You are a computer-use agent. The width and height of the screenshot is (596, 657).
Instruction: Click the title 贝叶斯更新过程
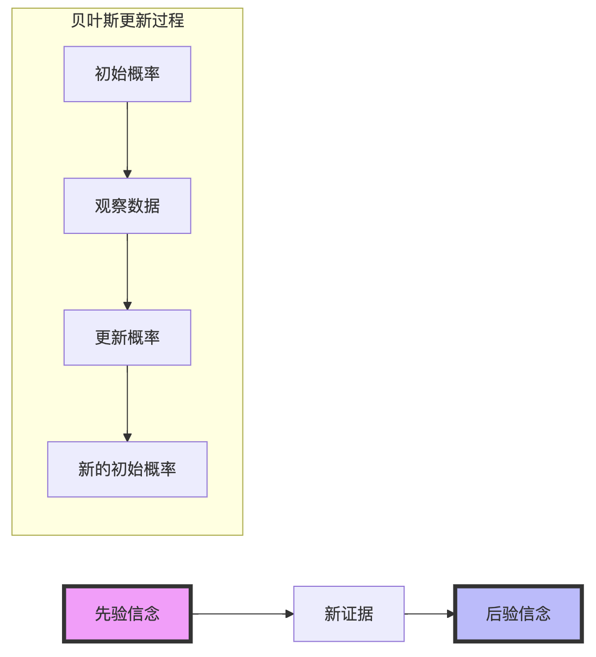click(127, 21)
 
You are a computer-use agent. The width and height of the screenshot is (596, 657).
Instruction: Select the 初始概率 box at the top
click(127, 74)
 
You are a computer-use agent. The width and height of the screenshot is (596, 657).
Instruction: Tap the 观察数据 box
click(127, 206)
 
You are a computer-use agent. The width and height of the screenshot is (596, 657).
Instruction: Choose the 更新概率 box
click(127, 338)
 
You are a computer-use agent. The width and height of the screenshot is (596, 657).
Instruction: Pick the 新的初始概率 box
click(127, 469)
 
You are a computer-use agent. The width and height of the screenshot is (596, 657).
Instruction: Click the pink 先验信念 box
click(127, 614)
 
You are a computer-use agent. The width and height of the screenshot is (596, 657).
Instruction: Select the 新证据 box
click(349, 614)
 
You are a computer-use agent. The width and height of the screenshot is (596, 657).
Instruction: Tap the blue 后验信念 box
click(518, 614)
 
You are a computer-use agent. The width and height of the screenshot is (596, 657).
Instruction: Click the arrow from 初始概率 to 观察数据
click(127, 140)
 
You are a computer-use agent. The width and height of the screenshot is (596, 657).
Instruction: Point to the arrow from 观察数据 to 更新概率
click(127, 272)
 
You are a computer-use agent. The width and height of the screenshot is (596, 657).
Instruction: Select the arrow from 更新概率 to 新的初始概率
click(127, 404)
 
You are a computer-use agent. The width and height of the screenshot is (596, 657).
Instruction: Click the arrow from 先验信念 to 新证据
click(243, 614)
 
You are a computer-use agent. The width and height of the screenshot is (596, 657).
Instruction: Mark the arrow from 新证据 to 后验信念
click(429, 614)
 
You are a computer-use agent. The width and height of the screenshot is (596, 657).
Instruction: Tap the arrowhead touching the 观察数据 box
click(127, 174)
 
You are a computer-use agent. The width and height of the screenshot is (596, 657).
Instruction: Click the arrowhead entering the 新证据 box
click(289, 614)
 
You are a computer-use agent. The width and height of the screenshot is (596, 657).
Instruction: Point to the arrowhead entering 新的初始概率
click(127, 438)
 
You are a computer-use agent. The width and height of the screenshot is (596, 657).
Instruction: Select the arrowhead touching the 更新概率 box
click(127, 306)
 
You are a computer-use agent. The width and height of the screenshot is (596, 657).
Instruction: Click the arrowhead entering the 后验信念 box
click(451, 614)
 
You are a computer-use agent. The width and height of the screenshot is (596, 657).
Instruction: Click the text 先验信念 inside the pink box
click(127, 614)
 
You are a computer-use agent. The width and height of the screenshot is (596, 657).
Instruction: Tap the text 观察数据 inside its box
click(127, 206)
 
